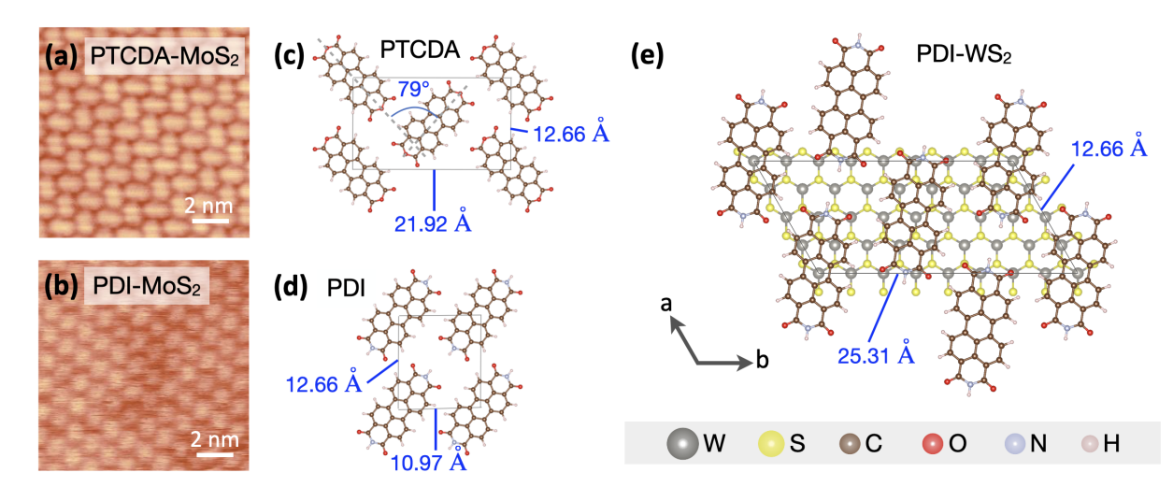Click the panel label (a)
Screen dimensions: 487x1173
[x=64, y=58]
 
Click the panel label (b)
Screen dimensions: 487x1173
[x=64, y=285]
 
